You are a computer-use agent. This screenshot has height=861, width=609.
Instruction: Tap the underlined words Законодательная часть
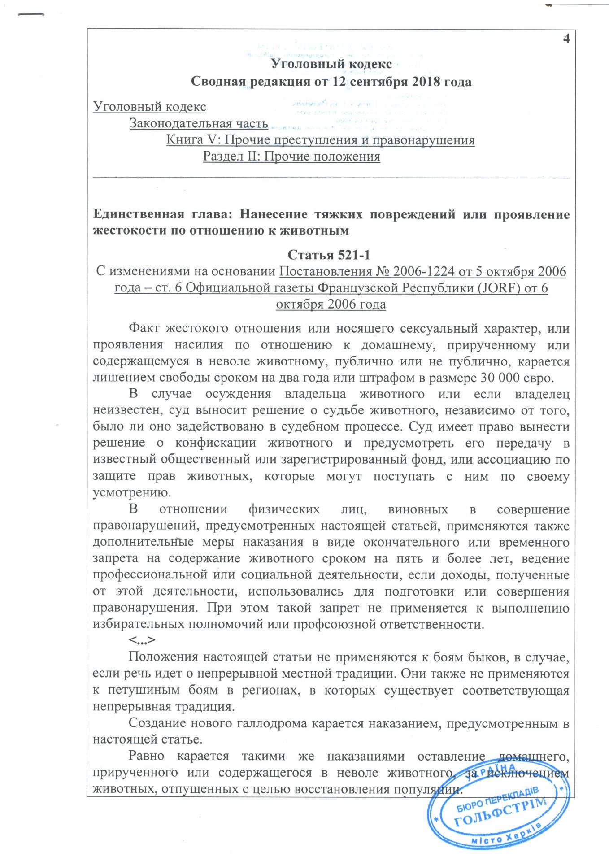coord(199,123)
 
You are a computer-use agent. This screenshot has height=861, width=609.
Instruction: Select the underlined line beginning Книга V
coord(320,140)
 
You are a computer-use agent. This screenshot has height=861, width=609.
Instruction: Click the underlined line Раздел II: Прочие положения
coord(291,157)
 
